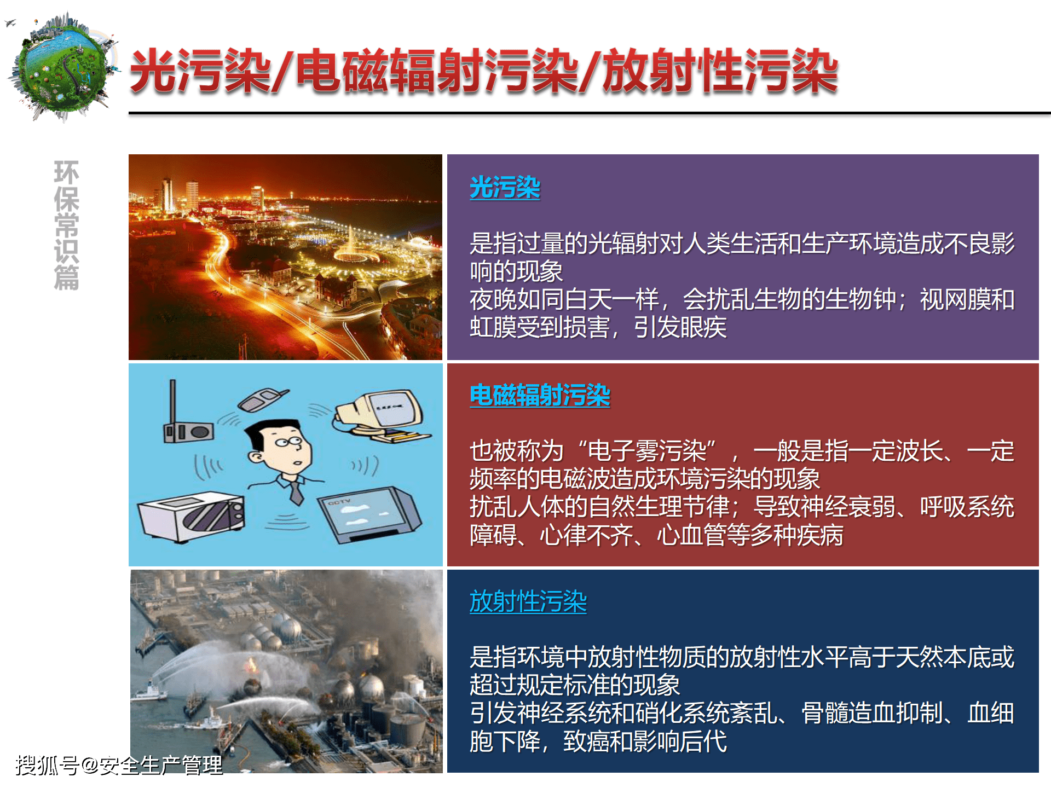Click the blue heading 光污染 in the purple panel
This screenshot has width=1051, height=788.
(505, 188)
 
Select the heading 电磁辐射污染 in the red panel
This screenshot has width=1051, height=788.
(540, 395)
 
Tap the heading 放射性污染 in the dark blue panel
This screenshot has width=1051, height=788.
(528, 601)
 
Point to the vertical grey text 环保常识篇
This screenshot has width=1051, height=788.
(67, 225)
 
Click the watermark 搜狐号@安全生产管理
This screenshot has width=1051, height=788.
(119, 765)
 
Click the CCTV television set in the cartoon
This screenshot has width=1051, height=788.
(369, 515)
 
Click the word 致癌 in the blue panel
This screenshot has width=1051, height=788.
(587, 741)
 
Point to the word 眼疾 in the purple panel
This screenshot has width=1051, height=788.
(703, 328)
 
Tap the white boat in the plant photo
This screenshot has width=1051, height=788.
(149, 691)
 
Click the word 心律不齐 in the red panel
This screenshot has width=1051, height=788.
(586, 535)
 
